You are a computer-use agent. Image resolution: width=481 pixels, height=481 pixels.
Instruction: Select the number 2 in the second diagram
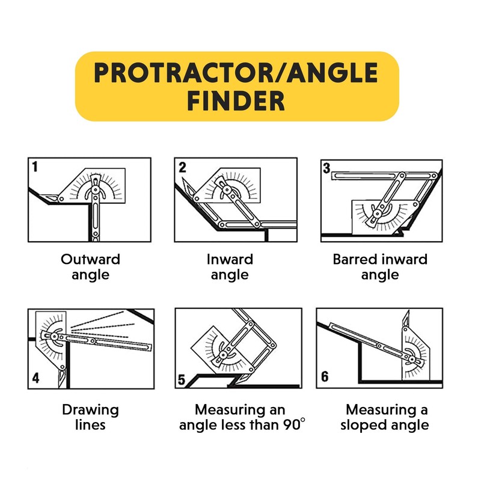[x=183, y=168]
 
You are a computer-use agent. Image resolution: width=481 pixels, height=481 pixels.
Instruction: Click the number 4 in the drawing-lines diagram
[x=35, y=378]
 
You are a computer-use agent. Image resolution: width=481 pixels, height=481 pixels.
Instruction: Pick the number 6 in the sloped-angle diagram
[x=325, y=377]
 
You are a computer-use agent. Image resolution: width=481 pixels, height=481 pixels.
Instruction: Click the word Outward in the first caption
[x=90, y=260]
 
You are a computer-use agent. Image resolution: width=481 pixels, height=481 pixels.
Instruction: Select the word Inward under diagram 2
[x=230, y=260]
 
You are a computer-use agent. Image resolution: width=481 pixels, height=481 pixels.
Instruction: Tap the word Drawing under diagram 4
[x=90, y=411]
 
